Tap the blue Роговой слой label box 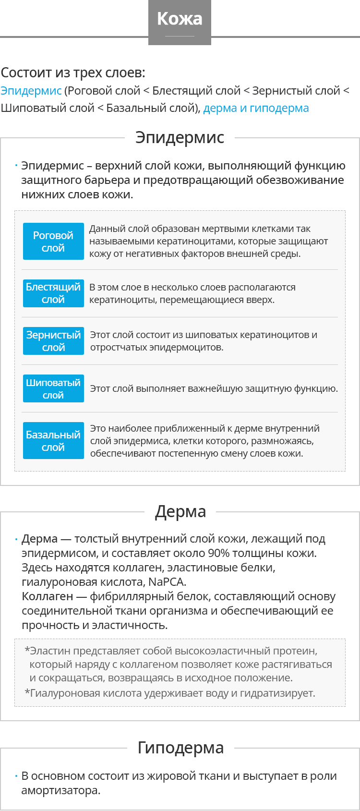(x=53, y=242)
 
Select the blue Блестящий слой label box (x=53, y=293)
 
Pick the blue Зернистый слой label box (x=53, y=341)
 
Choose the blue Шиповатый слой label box (x=53, y=388)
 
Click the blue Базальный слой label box (x=53, y=441)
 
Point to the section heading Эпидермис (x=180, y=137)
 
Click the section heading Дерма (x=180, y=512)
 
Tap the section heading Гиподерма (x=180, y=748)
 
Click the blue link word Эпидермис (x=31, y=91)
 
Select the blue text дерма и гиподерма (x=256, y=108)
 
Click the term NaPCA (x=166, y=582)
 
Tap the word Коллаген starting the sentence (x=48, y=596)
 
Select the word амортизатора (x=60, y=790)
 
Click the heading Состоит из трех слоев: (x=73, y=73)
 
